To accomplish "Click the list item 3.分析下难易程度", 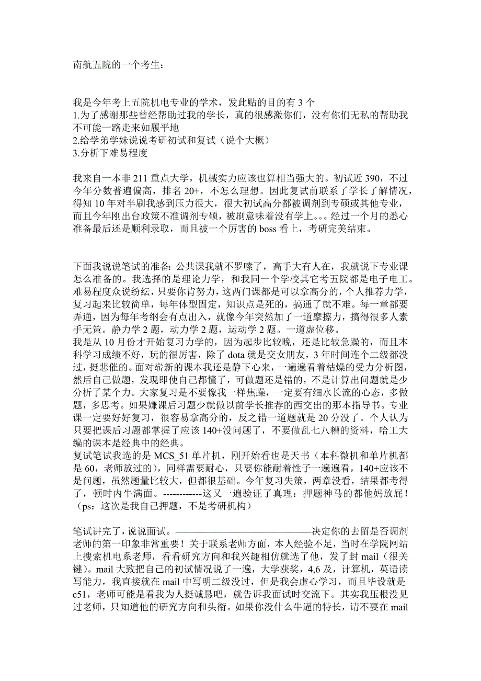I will pyautogui.click(x=111, y=153).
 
